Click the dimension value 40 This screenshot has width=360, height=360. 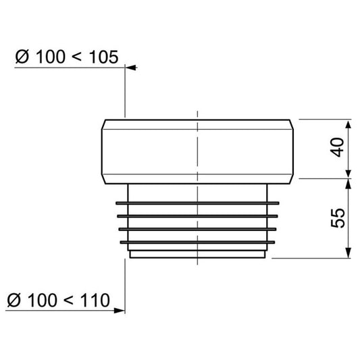(x=338, y=147)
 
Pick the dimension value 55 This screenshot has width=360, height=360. (x=338, y=217)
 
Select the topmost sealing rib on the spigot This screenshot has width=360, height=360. (x=197, y=203)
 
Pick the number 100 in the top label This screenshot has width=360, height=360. (x=47, y=57)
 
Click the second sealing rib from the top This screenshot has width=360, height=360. (x=197, y=217)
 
